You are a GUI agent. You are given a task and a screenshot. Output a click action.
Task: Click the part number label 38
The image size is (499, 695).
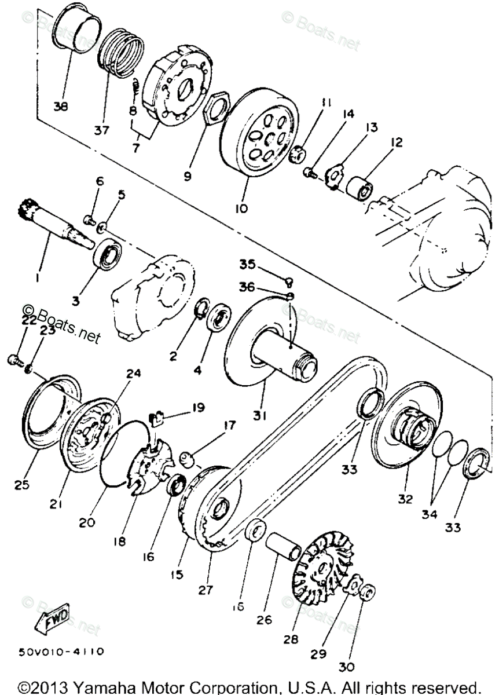61,107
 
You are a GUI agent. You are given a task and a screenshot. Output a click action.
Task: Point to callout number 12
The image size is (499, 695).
397,142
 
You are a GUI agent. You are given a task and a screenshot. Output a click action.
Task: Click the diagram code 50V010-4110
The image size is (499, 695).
61,651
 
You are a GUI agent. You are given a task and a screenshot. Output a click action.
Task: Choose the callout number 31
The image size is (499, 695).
260,400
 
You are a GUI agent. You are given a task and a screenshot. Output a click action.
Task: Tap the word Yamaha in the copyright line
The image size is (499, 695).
106,687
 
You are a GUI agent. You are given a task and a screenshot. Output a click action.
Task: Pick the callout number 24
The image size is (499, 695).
134,374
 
